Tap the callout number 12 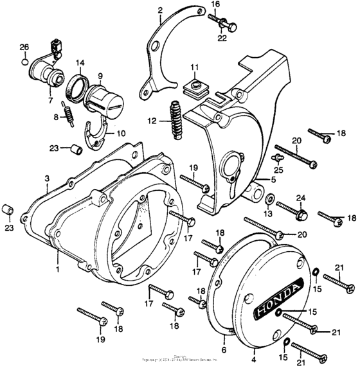[x=151, y=121]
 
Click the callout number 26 [x=24, y=47]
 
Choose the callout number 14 [x=80, y=63]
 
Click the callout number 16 [x=215, y=4]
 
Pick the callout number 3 [x=47, y=177]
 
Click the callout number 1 [x=58, y=269]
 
